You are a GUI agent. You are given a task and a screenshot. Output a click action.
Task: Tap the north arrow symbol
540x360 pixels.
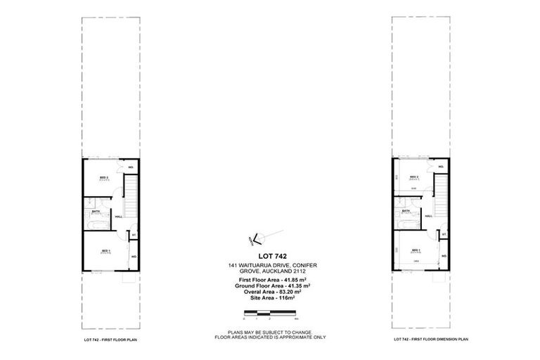tap(256, 238)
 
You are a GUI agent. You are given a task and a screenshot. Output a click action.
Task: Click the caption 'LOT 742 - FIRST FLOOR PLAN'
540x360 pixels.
tap(110, 340)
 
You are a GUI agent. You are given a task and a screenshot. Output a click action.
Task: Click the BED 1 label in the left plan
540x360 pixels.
tap(104, 250)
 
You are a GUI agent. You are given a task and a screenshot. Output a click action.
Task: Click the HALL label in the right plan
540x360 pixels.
tap(428, 217)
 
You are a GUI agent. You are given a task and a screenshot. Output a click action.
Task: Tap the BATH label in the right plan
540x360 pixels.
tap(406, 211)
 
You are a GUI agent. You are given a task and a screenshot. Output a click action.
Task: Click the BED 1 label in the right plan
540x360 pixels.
tap(416, 250)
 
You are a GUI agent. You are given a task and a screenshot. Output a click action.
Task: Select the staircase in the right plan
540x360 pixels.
tap(441, 195)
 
